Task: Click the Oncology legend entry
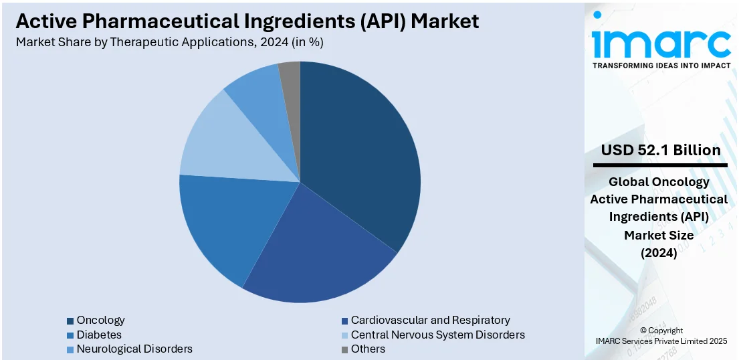[x=100, y=321]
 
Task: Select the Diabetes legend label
[x=99, y=335]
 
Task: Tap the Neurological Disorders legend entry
[x=134, y=349]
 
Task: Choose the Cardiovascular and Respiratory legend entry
[x=430, y=321]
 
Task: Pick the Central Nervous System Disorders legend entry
[x=437, y=335]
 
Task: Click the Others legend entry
[x=368, y=349]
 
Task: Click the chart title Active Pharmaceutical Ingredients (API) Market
[x=247, y=21]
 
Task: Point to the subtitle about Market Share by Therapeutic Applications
[x=170, y=41]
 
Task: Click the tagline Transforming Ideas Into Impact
[x=661, y=66]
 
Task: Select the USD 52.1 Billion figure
[x=661, y=150]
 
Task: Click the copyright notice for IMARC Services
[x=661, y=336]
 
